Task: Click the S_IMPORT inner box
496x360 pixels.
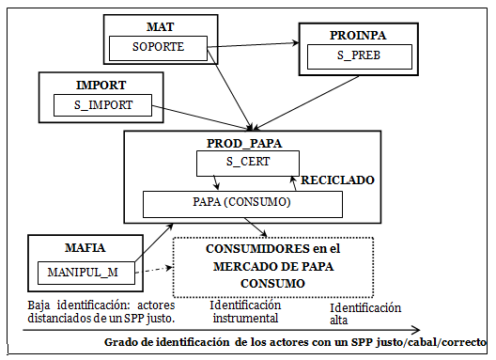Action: pos(102,104)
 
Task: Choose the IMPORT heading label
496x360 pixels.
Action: pos(101,85)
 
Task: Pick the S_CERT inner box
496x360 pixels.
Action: pos(247,163)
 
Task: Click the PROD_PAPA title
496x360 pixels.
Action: pos(247,143)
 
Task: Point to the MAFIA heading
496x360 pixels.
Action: pos(86,250)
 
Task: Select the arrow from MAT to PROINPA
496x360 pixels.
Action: pos(254,42)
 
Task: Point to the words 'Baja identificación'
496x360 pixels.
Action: pos(70,305)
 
